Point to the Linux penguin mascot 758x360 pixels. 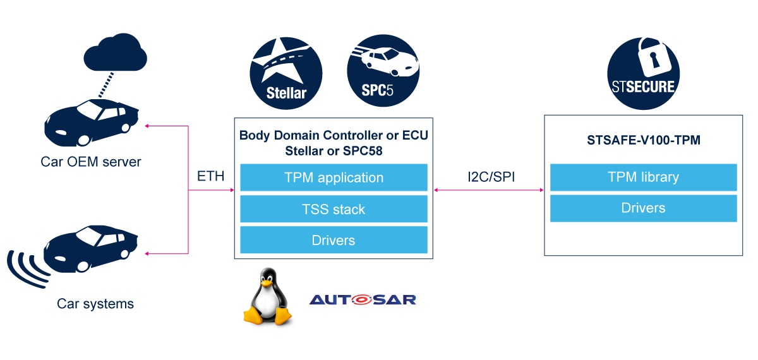click(x=269, y=297)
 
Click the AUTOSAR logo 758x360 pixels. click(x=363, y=299)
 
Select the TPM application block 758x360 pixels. click(x=334, y=177)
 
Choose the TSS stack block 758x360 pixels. click(x=334, y=209)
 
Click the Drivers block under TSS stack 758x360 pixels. click(x=334, y=240)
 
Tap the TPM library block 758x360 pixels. click(x=643, y=177)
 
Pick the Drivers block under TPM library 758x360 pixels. click(x=643, y=208)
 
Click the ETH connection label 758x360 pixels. click(x=211, y=176)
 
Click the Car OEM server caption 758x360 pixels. click(x=91, y=162)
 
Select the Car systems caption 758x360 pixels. click(x=95, y=304)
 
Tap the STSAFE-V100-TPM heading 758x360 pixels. click(x=642, y=140)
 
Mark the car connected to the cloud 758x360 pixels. click(x=92, y=119)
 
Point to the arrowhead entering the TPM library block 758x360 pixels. click(x=541, y=189)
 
